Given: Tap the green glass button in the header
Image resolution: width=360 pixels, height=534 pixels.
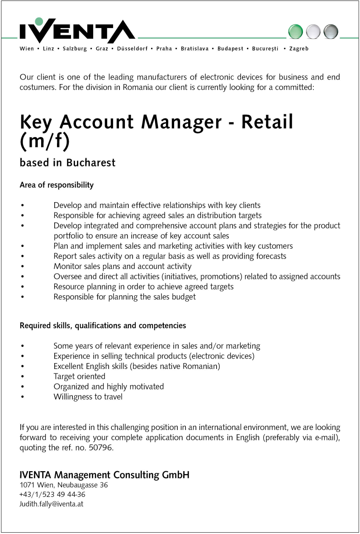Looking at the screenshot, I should point(296,31).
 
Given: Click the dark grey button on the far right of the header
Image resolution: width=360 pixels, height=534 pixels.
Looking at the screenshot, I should point(331,31).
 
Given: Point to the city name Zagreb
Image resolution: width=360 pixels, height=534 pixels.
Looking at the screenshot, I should point(299,49).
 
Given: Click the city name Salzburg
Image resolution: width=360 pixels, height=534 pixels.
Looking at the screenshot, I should point(75,49).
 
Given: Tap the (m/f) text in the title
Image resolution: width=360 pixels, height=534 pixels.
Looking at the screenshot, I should point(45,141).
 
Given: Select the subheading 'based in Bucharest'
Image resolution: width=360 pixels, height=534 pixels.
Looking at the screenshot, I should point(67,163).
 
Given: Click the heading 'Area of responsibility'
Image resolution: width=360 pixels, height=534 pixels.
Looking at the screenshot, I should point(57,185).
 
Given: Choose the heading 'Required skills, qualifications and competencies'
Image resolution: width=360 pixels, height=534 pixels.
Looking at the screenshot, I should point(103,325).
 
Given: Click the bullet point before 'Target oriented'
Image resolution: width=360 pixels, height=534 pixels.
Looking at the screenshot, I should point(22,377).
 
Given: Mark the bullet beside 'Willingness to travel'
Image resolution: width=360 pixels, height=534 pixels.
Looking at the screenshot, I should point(22,397).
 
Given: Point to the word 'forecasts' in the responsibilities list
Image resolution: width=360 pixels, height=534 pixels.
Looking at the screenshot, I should point(270,256).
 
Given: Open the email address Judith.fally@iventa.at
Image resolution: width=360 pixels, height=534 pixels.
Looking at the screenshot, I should point(51,504).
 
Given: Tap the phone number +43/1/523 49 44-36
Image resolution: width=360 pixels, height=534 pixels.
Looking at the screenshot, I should point(52,494).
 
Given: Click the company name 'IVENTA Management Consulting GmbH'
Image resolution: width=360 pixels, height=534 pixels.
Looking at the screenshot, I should point(104,475).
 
